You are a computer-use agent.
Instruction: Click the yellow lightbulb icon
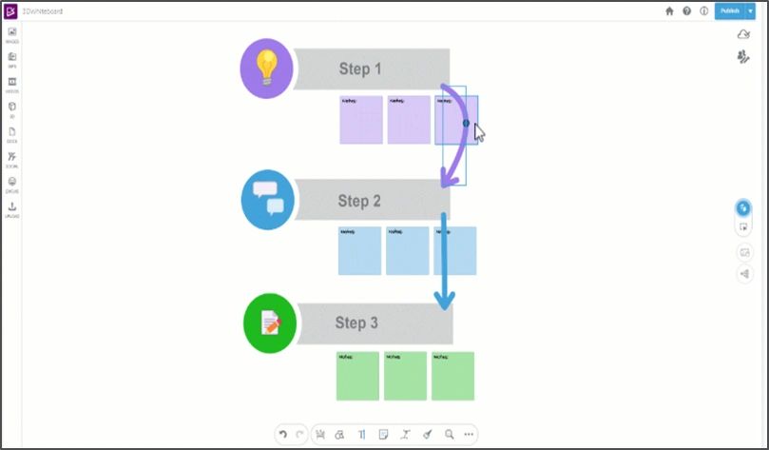click(267, 67)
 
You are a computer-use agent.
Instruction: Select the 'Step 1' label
click(360, 68)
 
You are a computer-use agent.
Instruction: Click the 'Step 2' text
click(359, 201)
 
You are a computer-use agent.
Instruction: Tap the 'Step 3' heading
click(356, 323)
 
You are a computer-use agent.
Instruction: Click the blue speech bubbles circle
click(268, 200)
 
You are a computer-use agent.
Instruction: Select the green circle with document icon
click(270, 323)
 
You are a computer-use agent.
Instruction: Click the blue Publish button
click(729, 10)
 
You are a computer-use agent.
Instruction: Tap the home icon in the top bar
click(669, 11)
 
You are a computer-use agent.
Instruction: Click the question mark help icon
click(686, 11)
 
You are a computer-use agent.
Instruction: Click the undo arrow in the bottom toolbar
click(282, 434)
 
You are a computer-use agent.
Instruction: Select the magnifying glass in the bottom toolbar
click(449, 434)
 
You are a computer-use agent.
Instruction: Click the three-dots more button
click(469, 434)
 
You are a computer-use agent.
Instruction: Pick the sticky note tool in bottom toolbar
click(383, 434)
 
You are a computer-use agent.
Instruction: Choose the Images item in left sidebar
click(12, 34)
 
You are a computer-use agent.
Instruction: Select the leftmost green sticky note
click(356, 376)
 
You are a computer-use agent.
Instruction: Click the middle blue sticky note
click(407, 250)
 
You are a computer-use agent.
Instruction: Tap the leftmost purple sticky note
click(360, 119)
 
